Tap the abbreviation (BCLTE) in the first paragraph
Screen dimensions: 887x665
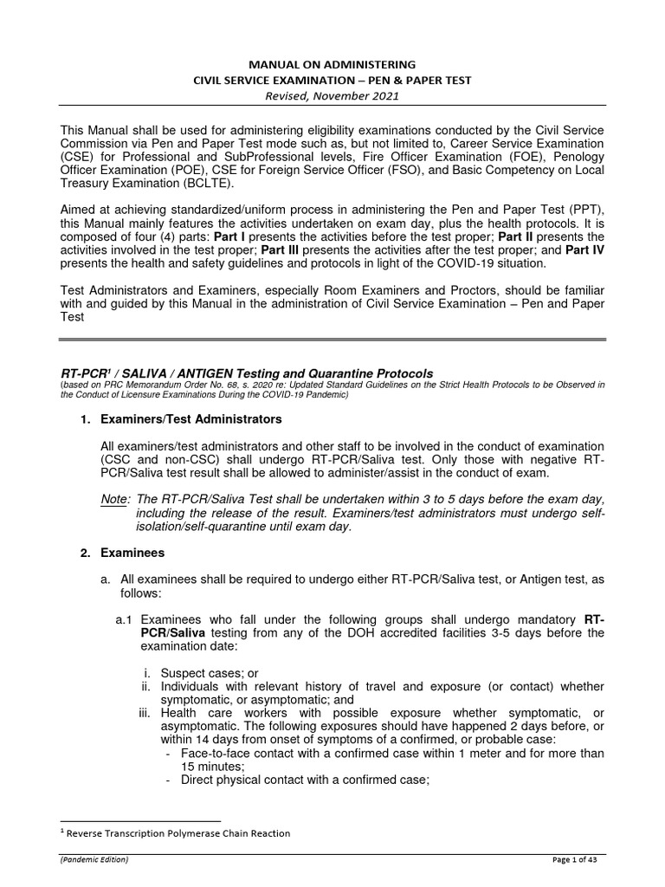tap(233, 185)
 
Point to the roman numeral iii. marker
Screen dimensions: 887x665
tap(146, 713)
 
